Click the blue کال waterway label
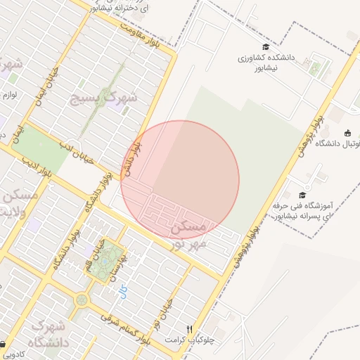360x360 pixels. (x=124, y=288)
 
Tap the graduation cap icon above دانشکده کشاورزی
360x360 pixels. (x=265, y=47)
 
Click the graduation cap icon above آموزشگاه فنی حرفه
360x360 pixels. (x=302, y=195)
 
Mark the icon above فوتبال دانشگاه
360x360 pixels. (x=347, y=133)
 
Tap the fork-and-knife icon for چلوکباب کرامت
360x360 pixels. (x=188, y=328)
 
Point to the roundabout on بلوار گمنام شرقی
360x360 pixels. (x=82, y=300)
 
